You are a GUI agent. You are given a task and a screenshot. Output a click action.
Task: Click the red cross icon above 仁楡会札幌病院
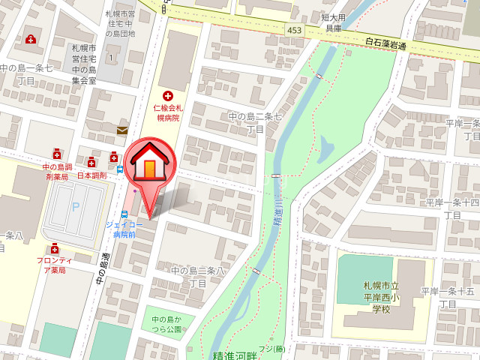pos(167,96)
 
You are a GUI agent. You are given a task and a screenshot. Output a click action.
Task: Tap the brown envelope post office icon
pos(122,130)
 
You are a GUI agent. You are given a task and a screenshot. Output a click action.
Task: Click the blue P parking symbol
pos(73,206)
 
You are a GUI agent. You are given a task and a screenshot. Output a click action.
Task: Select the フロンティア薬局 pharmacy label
pos(54,265)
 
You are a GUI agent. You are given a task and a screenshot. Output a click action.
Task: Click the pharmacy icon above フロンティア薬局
pos(54,248)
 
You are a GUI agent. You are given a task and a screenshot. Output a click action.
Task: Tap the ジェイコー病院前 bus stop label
pos(119,229)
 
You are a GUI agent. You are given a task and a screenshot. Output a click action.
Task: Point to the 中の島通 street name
pos(103,267)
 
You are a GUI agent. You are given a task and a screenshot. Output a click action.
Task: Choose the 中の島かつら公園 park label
pos(162,324)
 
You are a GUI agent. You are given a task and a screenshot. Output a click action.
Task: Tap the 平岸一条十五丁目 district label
pos(448,297)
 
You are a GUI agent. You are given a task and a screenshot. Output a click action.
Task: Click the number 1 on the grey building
pos(111,58)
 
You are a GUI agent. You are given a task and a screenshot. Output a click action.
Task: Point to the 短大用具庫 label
pos(333,22)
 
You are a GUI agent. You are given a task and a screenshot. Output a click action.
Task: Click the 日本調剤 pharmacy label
pos(90,175)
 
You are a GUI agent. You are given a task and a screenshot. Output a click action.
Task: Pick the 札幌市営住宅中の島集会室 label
pos(84,63)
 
